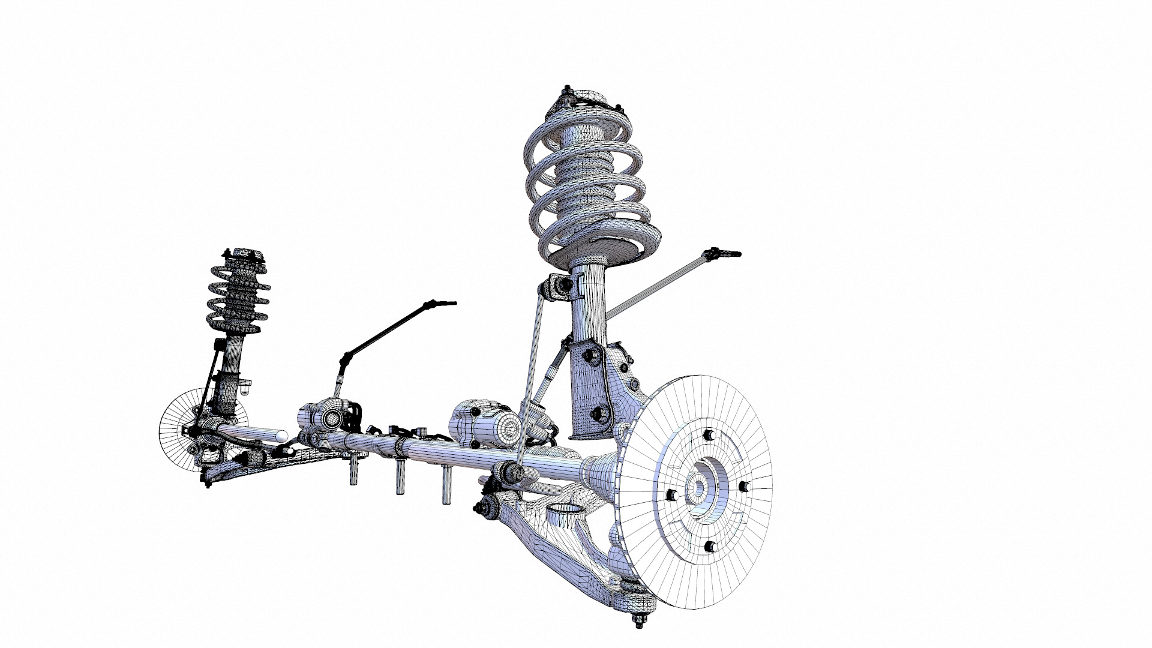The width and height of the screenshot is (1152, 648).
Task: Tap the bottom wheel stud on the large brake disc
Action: tap(710, 546)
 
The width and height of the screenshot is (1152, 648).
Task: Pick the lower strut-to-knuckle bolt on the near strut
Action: tap(597, 414)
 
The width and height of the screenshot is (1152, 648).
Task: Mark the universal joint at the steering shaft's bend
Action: tap(345, 359)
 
